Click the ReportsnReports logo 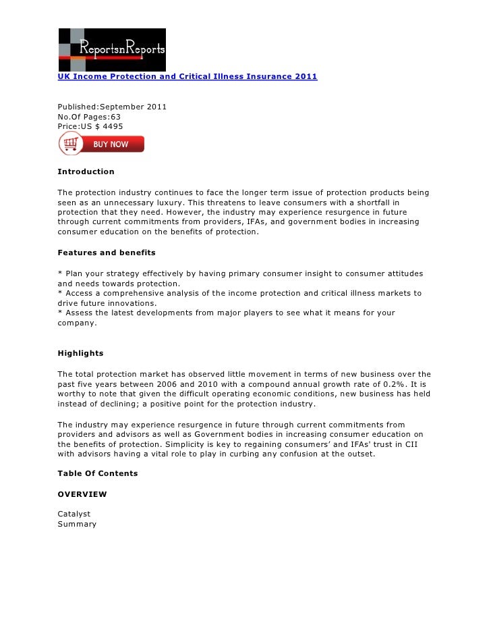(x=111, y=49)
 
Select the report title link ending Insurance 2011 (x=187, y=77)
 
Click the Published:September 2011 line (x=112, y=107)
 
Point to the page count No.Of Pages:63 (x=89, y=117)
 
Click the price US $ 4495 (x=90, y=126)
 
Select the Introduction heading (x=86, y=171)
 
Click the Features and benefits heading (x=107, y=253)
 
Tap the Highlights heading (x=80, y=353)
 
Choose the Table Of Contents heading (x=97, y=473)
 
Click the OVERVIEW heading (x=82, y=494)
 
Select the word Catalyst (x=74, y=514)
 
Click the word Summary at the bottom (x=77, y=524)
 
